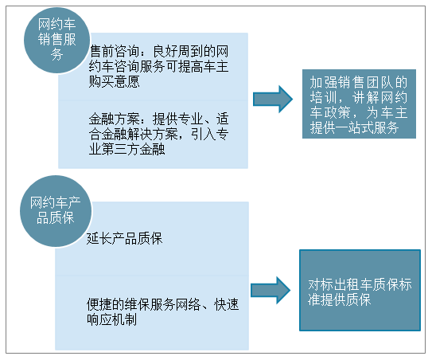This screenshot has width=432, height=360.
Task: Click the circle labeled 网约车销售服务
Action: point(57,41)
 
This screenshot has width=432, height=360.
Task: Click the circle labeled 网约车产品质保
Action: point(56,211)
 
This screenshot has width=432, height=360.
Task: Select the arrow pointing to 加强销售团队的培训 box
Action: point(273,99)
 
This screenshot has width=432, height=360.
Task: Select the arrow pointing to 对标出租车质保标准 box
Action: point(270,290)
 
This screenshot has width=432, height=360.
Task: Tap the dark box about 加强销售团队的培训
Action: point(359,104)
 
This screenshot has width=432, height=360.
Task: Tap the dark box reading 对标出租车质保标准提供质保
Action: point(360,290)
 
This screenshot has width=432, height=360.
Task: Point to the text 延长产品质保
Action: point(125,238)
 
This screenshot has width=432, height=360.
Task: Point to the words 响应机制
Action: point(112,319)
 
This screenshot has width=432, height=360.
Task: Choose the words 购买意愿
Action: point(114,82)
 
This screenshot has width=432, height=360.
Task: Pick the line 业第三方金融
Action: point(126,150)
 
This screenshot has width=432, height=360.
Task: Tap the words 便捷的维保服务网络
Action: point(143,304)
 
